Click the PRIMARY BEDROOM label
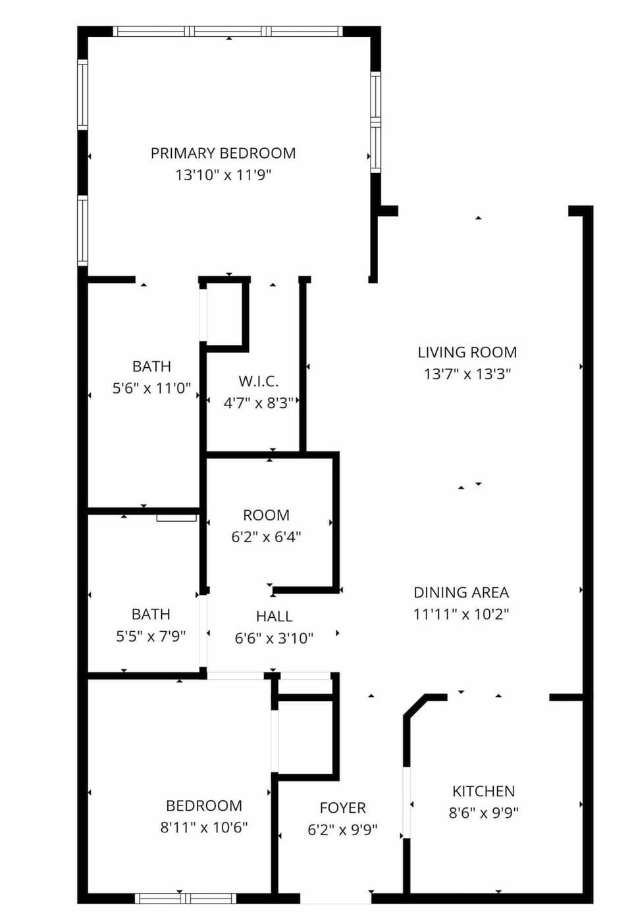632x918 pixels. coord(223,153)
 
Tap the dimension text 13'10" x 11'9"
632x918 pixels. coord(223,175)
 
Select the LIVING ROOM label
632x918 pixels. coord(467,353)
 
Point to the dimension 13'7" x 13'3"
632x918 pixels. coord(467,374)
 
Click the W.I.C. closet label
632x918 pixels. coord(258,381)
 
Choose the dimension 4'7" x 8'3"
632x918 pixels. coord(258,403)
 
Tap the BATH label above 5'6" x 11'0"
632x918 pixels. coord(151,367)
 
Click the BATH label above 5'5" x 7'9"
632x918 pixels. coord(151,615)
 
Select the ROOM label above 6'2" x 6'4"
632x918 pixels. coord(266,515)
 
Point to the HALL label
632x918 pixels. coord(274,617)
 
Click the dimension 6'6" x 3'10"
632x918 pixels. coord(274,638)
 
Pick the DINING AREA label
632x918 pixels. coord(461,592)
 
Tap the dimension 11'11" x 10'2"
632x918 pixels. coord(461,614)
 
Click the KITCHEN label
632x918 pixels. coord(483,792)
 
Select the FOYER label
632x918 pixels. coord(342,808)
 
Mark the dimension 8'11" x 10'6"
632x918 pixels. coord(203,828)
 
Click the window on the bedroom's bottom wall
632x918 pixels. coord(185,898)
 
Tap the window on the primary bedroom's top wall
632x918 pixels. coord(228,31)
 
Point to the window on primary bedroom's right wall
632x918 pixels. coord(375,122)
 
